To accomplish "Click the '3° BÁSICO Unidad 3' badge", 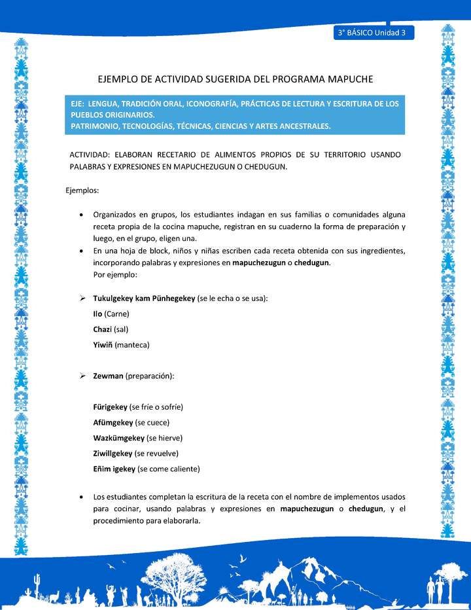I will (372, 32).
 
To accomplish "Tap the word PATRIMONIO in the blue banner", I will (96, 126).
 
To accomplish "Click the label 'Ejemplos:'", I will (82, 190).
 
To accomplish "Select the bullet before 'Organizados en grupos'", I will (80, 215).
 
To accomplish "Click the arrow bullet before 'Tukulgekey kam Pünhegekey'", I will (83, 298).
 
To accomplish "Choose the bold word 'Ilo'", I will (97, 314).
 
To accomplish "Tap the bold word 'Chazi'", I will (103, 329).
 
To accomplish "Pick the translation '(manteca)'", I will (132, 345).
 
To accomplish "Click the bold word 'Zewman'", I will (108, 376).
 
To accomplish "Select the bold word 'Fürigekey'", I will (111, 407).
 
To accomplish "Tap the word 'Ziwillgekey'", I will (113, 453).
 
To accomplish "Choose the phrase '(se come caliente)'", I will (169, 469).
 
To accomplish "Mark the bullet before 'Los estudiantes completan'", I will (80, 497).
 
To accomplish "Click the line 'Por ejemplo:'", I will (115, 275).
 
